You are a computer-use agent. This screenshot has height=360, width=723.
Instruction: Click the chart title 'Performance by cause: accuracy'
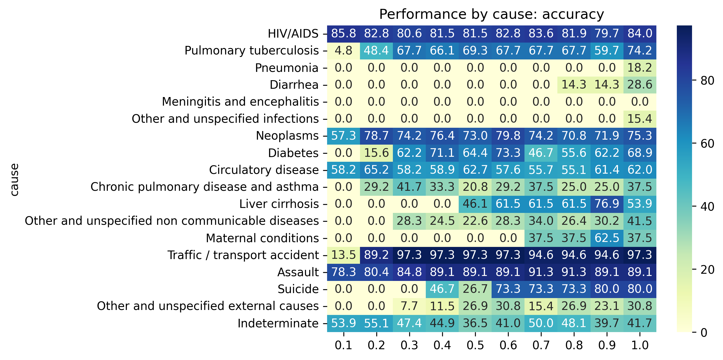492,14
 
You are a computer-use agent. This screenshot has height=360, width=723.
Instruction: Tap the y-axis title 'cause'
14,179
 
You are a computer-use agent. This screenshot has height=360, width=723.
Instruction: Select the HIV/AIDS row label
293,34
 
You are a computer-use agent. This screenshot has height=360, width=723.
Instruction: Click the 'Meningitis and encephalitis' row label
240,101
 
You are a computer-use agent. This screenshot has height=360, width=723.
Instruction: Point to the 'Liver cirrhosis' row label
279,204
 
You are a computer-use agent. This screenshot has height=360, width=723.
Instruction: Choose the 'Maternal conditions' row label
262,238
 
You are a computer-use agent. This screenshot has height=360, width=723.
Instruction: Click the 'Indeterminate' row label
278,323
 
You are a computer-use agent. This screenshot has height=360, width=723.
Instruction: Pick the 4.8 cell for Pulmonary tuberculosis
344,51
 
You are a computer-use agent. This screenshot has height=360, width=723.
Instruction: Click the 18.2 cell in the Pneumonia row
640,68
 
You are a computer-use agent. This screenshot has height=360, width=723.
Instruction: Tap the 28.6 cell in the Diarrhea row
640,84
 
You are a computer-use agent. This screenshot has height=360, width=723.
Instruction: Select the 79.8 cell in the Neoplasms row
508,135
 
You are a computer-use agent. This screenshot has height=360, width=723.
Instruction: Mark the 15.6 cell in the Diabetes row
376,153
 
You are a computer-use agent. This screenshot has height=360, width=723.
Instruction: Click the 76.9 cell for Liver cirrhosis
607,204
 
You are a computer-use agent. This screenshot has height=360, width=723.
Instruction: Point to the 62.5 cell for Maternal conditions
607,238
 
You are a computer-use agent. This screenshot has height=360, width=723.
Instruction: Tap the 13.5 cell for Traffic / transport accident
344,255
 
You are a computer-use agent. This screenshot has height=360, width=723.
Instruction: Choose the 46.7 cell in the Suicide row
442,289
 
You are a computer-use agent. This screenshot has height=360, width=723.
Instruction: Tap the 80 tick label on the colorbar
707,80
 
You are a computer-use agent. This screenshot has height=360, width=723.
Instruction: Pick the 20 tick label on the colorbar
707,270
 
